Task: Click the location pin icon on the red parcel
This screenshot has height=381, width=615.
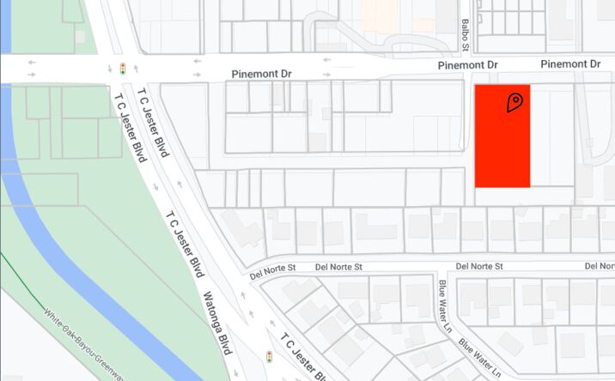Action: pyautogui.click(x=515, y=103)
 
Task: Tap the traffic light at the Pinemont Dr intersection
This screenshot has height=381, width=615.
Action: pyautogui.click(x=122, y=68)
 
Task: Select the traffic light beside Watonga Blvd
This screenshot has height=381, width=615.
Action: pyautogui.click(x=269, y=356)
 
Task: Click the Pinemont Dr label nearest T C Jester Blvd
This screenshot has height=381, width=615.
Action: pyautogui.click(x=262, y=75)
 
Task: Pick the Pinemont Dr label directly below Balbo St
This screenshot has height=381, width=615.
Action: pyautogui.click(x=467, y=65)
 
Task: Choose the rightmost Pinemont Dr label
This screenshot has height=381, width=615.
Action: pyautogui.click(x=570, y=64)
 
